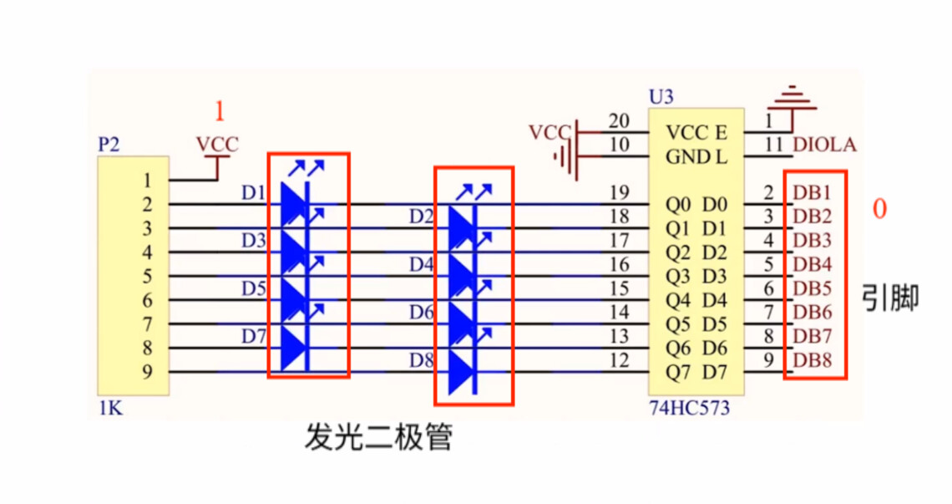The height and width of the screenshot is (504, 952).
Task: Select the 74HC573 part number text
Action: pyautogui.click(x=689, y=409)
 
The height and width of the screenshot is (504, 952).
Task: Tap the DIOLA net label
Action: pyautogui.click(x=824, y=145)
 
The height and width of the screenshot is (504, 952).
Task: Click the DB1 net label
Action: pyautogui.click(x=812, y=191)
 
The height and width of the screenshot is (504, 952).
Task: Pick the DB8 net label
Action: pyautogui.click(x=812, y=361)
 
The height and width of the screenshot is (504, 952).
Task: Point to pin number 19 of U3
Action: pyautogui.click(x=619, y=192)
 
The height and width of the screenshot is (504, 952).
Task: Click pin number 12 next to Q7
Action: pyautogui.click(x=619, y=360)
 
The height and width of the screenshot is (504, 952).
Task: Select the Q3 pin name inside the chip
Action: pyautogui.click(x=678, y=277)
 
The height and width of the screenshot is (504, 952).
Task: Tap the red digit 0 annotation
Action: pyautogui.click(x=879, y=209)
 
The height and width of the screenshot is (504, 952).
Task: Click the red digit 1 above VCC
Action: pyautogui.click(x=219, y=111)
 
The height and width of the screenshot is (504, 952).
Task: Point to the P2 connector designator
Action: pyautogui.click(x=109, y=145)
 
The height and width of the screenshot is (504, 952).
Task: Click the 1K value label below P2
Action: pyautogui.click(x=109, y=409)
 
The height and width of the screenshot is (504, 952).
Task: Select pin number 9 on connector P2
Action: pyautogui.click(x=147, y=373)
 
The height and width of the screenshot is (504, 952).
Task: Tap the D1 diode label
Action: pyautogui.click(x=253, y=194)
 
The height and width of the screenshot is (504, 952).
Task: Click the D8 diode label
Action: pyautogui.click(x=421, y=361)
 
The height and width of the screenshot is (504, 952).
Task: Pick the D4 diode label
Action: pyautogui.click(x=421, y=265)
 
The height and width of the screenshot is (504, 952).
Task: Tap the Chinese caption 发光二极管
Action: pyautogui.click(x=378, y=436)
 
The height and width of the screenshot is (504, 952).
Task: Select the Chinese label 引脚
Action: pyautogui.click(x=890, y=298)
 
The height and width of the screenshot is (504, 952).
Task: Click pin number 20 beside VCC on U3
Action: pyautogui.click(x=619, y=120)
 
